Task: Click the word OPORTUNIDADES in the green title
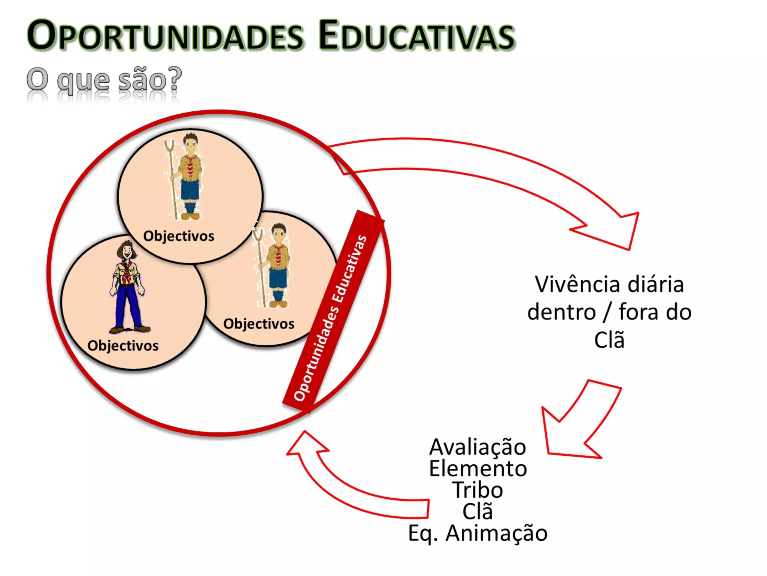[x=165, y=36]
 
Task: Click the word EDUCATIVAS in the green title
[x=416, y=36]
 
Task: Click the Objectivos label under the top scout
[x=179, y=236]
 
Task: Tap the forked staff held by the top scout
[x=172, y=176]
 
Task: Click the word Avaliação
[x=478, y=447]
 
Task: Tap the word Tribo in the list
[x=478, y=490]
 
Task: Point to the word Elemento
[x=478, y=469]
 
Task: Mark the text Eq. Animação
[x=478, y=533]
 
